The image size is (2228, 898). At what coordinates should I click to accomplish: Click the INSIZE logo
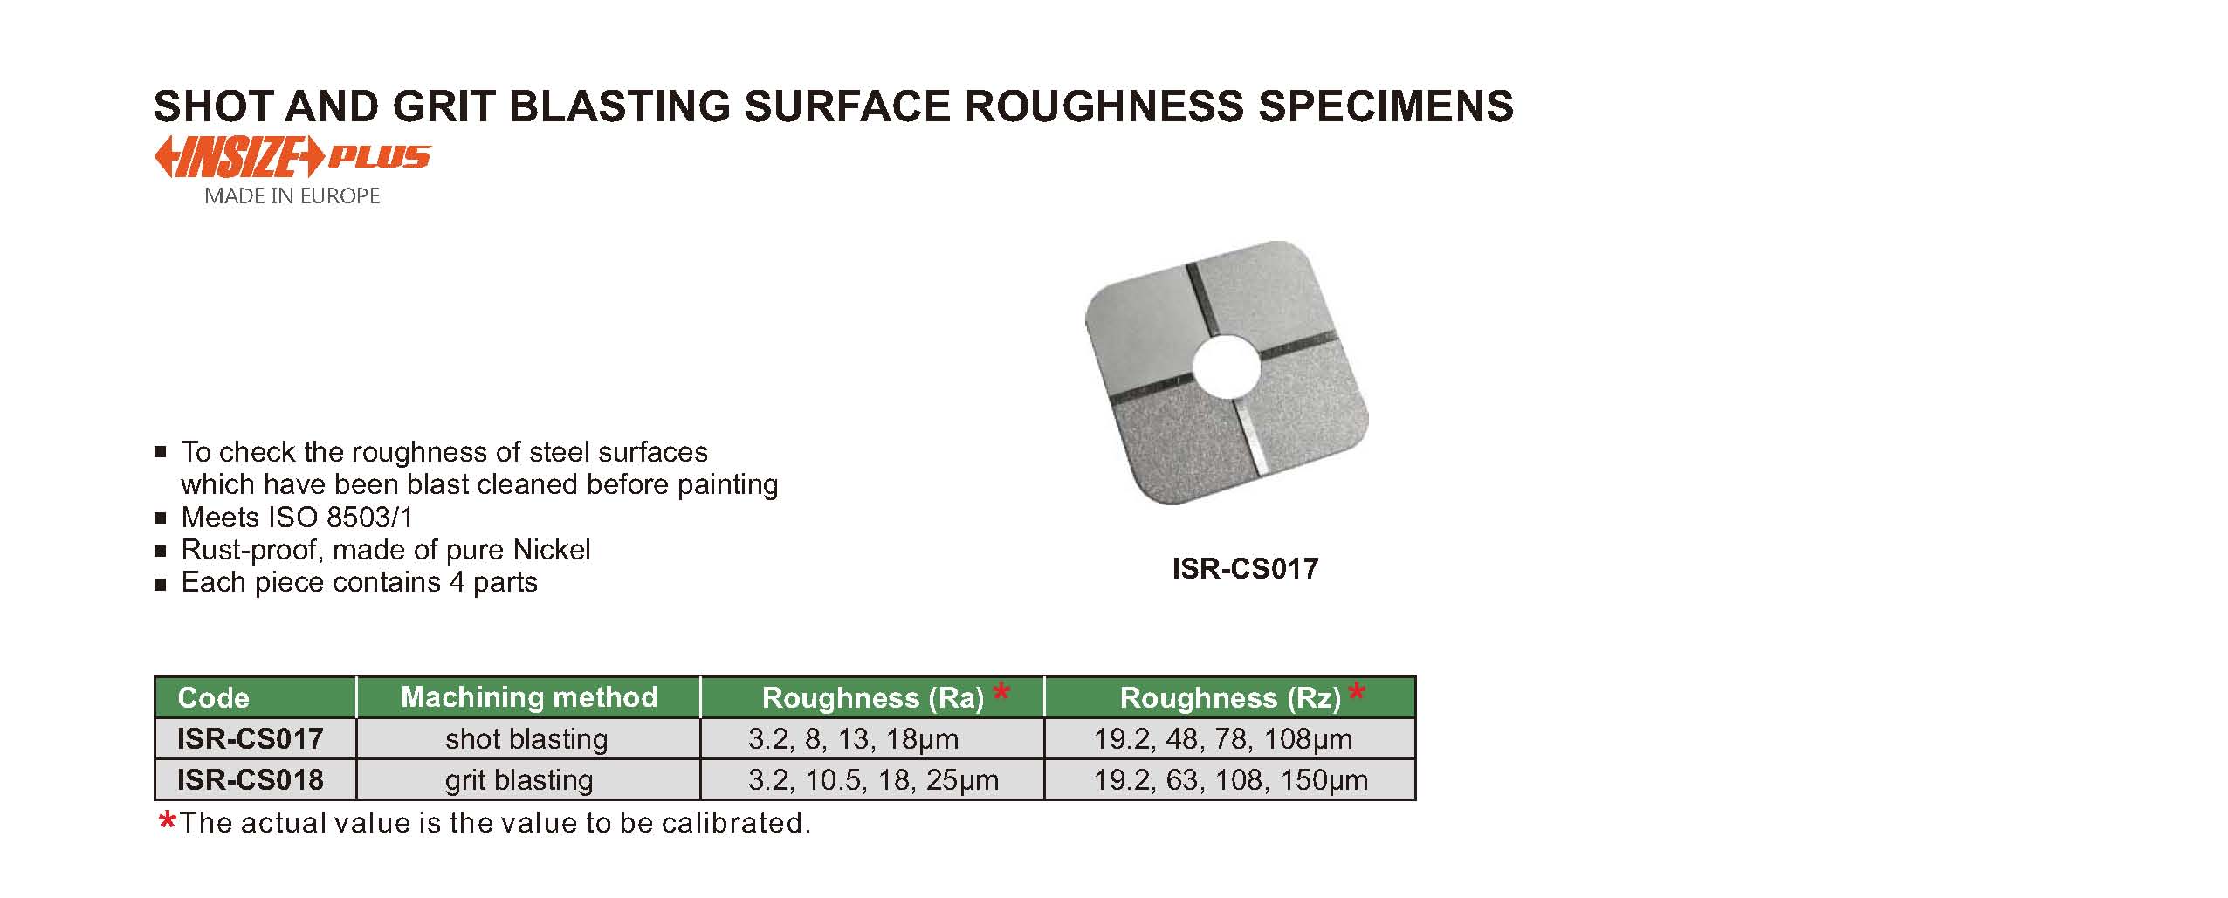tap(292, 158)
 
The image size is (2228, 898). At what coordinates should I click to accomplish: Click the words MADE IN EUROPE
tap(292, 196)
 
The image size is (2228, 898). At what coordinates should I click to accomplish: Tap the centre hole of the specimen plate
tap(1227, 365)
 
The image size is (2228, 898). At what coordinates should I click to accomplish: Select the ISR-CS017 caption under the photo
tap(1245, 569)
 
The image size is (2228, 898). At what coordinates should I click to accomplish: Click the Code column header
tap(213, 697)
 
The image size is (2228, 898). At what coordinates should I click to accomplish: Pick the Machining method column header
tap(529, 696)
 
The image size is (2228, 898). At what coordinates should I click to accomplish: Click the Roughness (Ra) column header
tap(873, 697)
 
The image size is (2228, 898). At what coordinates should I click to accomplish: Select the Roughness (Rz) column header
tap(1230, 697)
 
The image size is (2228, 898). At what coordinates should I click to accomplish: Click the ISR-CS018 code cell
tap(251, 779)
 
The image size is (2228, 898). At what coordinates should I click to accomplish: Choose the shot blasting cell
tap(526, 739)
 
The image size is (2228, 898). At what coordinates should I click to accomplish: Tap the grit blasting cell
tap(519, 779)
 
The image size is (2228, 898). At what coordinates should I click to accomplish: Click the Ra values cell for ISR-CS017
tap(854, 739)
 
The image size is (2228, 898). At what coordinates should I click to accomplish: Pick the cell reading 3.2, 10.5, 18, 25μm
tap(874, 779)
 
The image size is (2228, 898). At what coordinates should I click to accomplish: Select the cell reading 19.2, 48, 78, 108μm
tap(1223, 739)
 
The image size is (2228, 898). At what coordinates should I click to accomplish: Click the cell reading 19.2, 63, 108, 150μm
tap(1231, 779)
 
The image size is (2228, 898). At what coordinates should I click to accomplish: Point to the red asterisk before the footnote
tap(168, 820)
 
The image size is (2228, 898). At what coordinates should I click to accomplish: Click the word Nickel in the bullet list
tap(552, 550)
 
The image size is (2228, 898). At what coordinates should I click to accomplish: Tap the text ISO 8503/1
tap(340, 518)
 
